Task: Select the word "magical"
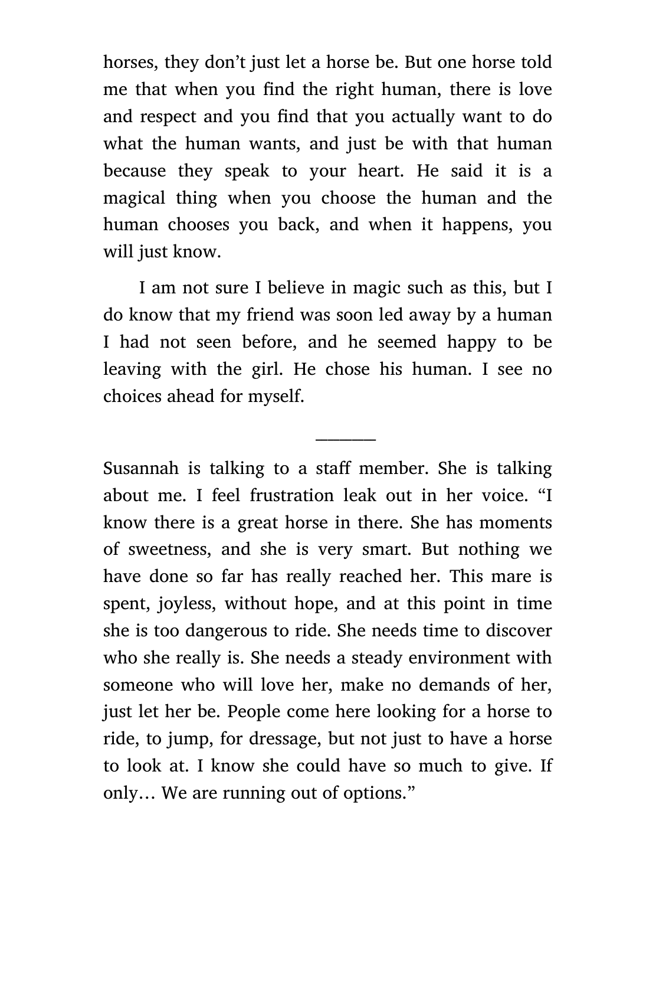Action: pos(134,198)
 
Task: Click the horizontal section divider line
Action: pos(346,439)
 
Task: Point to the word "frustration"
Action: pos(292,496)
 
